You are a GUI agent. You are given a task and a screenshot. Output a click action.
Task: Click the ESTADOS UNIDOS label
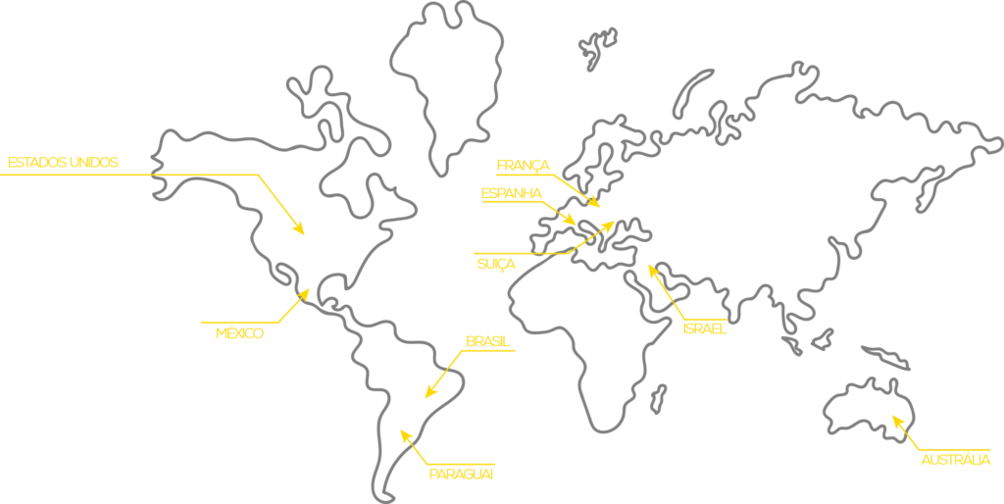63,162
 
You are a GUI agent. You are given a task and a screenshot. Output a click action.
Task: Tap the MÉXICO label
239,333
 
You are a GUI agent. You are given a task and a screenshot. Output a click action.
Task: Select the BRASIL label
487,341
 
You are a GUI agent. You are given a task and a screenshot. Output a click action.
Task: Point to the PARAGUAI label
461,475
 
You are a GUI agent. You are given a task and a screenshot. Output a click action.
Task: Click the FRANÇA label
524,165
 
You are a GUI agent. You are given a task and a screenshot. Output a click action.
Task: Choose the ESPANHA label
511,194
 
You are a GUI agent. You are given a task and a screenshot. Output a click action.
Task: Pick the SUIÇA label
496,264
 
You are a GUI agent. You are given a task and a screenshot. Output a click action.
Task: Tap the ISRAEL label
704,328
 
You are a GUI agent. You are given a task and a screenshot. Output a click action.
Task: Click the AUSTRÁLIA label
955,460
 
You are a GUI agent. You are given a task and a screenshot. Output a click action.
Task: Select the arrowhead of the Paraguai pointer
403,432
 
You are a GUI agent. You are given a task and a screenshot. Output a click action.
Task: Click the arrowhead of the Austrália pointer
894,420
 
